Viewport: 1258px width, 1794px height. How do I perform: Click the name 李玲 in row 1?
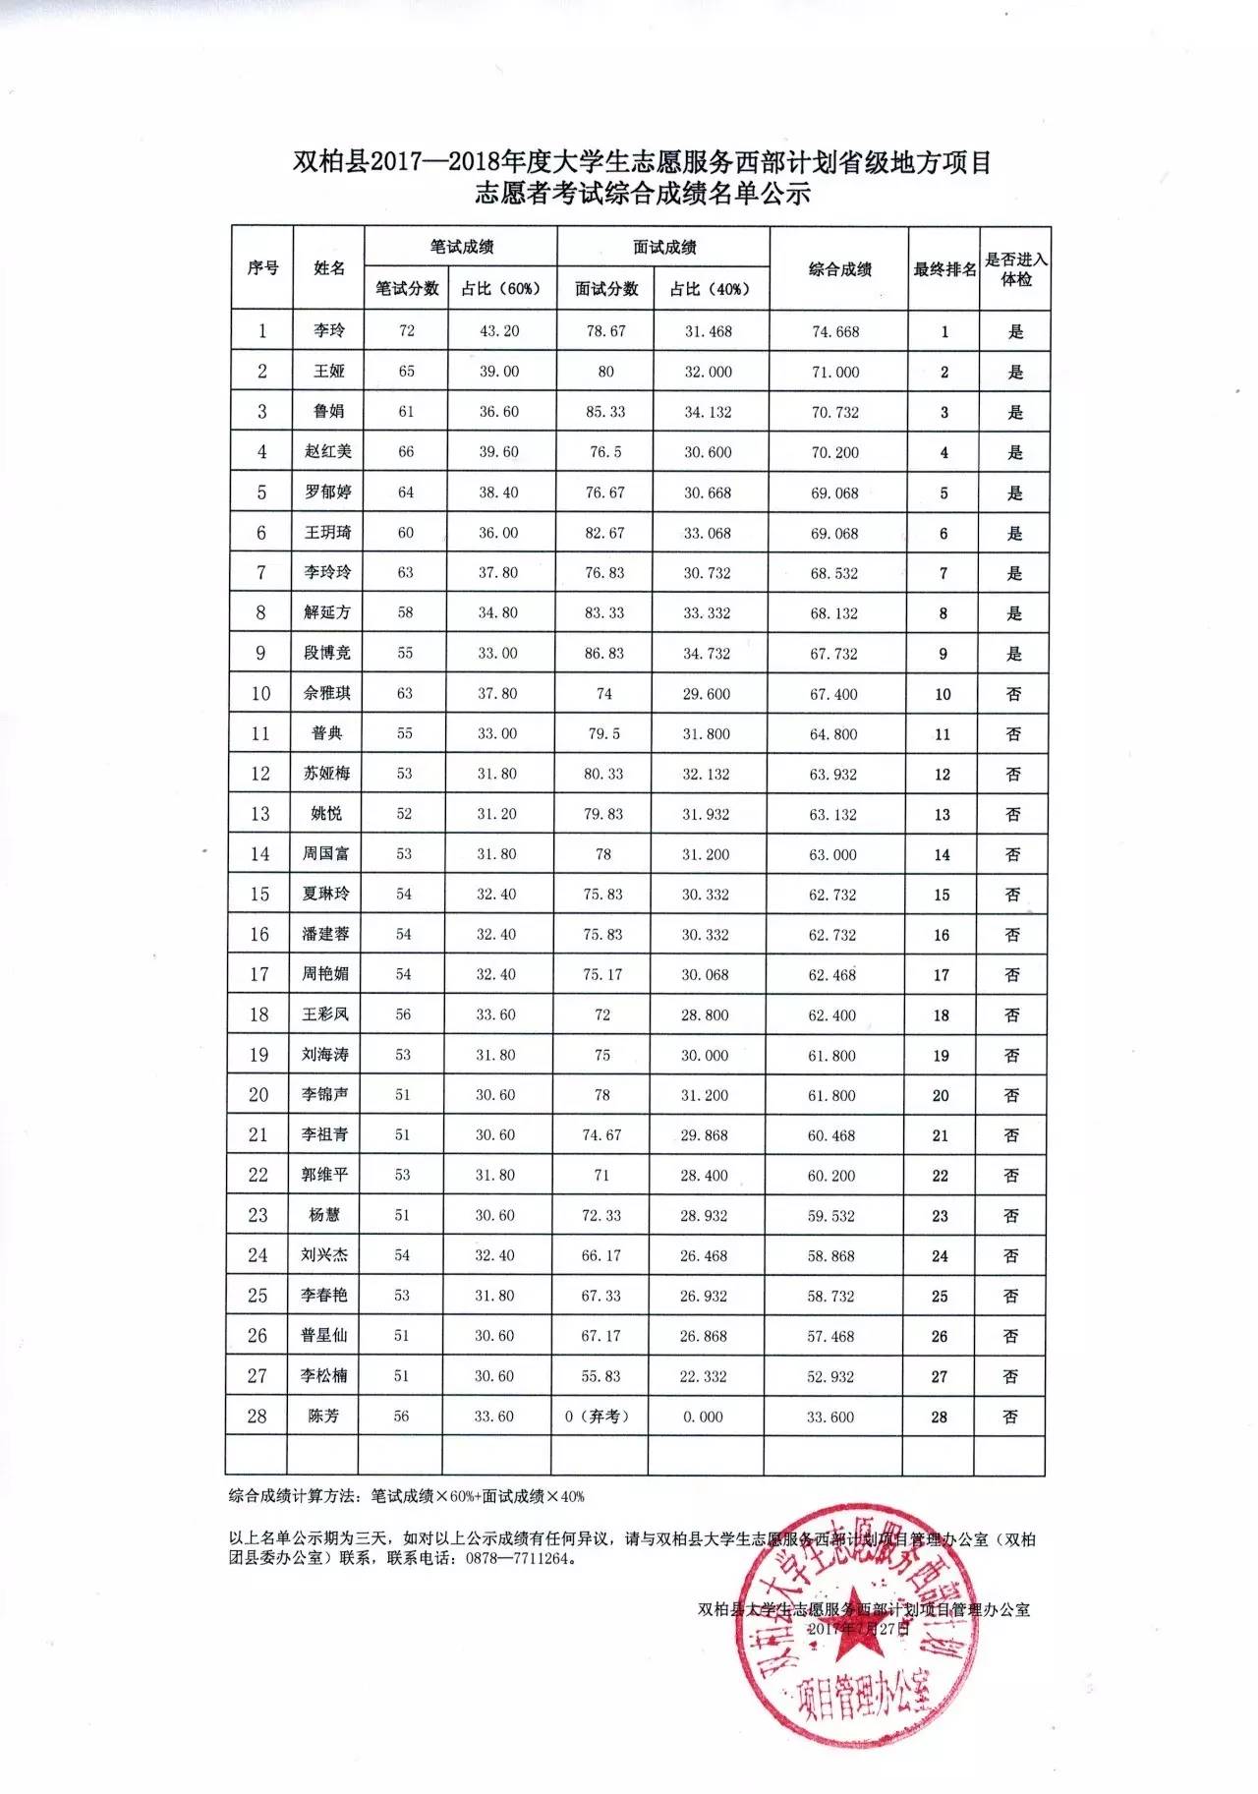click(x=329, y=330)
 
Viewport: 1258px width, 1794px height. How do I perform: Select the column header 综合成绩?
click(x=839, y=268)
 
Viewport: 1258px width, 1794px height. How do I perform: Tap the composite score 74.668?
click(x=835, y=331)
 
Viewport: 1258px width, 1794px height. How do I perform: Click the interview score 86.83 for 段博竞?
click(x=604, y=653)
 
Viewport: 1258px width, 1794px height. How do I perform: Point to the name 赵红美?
click(x=328, y=451)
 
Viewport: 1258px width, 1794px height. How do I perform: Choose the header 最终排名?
click(x=944, y=268)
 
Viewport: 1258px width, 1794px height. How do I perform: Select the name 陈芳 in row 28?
click(x=323, y=1416)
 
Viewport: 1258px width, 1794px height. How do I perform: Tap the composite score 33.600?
click(x=830, y=1417)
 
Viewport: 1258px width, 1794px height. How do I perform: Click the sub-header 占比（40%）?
click(x=710, y=288)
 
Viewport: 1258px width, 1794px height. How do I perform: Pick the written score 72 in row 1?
click(x=407, y=330)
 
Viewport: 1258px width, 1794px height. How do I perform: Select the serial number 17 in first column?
click(x=259, y=973)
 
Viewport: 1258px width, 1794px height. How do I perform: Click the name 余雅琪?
click(x=327, y=693)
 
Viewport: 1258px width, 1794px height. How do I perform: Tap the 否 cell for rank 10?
click(x=1013, y=694)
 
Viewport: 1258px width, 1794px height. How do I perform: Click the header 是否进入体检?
click(x=1016, y=268)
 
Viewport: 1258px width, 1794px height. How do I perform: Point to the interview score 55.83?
click(x=601, y=1376)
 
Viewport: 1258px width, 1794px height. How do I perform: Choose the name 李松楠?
click(x=323, y=1375)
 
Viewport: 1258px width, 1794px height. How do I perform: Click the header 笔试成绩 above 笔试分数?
click(x=461, y=247)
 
